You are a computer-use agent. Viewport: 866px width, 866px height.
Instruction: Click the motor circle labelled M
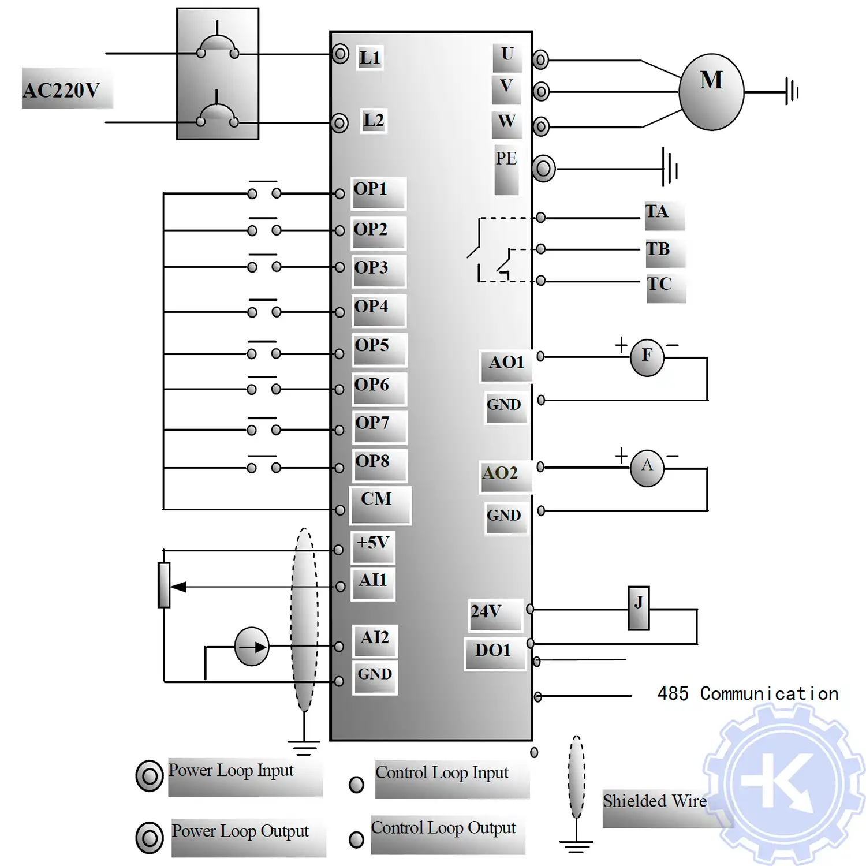point(711,92)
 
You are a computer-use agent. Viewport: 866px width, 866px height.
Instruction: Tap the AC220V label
point(61,90)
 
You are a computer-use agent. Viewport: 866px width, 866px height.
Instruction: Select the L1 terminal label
point(369,58)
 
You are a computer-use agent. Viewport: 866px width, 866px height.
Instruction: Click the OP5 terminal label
point(372,345)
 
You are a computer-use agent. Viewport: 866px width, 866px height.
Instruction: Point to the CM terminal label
point(376,499)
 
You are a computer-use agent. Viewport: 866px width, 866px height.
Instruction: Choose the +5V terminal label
point(373,543)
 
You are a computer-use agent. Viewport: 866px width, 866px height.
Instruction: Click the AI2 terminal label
point(375,638)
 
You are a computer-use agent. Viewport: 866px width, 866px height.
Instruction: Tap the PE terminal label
point(506,159)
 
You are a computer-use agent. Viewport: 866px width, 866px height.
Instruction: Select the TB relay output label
point(658,249)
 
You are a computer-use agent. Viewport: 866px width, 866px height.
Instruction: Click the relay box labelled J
point(639,608)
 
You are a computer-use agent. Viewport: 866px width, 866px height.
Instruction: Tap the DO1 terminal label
point(493,651)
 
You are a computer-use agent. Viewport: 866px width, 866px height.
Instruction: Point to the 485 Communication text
point(748,693)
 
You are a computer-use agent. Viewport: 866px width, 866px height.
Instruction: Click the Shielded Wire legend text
point(655,801)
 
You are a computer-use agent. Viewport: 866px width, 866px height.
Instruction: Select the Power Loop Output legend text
point(240,831)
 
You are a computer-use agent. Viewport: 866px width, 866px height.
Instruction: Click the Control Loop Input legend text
point(442,772)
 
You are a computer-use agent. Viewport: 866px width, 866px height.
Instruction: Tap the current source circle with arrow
point(252,647)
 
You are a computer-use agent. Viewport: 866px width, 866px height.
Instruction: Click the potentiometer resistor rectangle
point(164,585)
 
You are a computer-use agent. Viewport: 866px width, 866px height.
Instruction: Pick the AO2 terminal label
point(501,473)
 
